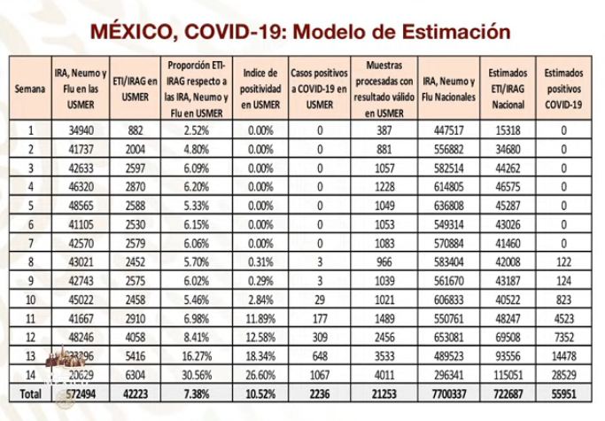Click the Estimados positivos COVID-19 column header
click(x=564, y=89)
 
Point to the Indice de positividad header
click(x=260, y=89)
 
